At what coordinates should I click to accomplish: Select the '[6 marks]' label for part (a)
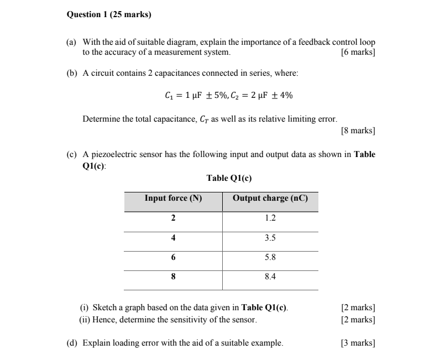(359, 53)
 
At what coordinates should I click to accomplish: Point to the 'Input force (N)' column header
(173, 198)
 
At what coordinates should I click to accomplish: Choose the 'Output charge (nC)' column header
(270, 198)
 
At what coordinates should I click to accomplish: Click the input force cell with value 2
(173, 218)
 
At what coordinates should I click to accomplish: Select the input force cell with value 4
(173, 238)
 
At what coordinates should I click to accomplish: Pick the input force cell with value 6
(173, 257)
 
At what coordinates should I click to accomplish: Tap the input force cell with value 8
(173, 277)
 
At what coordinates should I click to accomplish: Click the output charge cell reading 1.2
(270, 218)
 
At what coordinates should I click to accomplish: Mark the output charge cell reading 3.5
(270, 238)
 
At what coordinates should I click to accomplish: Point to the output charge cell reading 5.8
(270, 257)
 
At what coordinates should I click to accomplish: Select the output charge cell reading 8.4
(270, 277)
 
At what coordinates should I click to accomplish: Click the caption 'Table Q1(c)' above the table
(228, 178)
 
